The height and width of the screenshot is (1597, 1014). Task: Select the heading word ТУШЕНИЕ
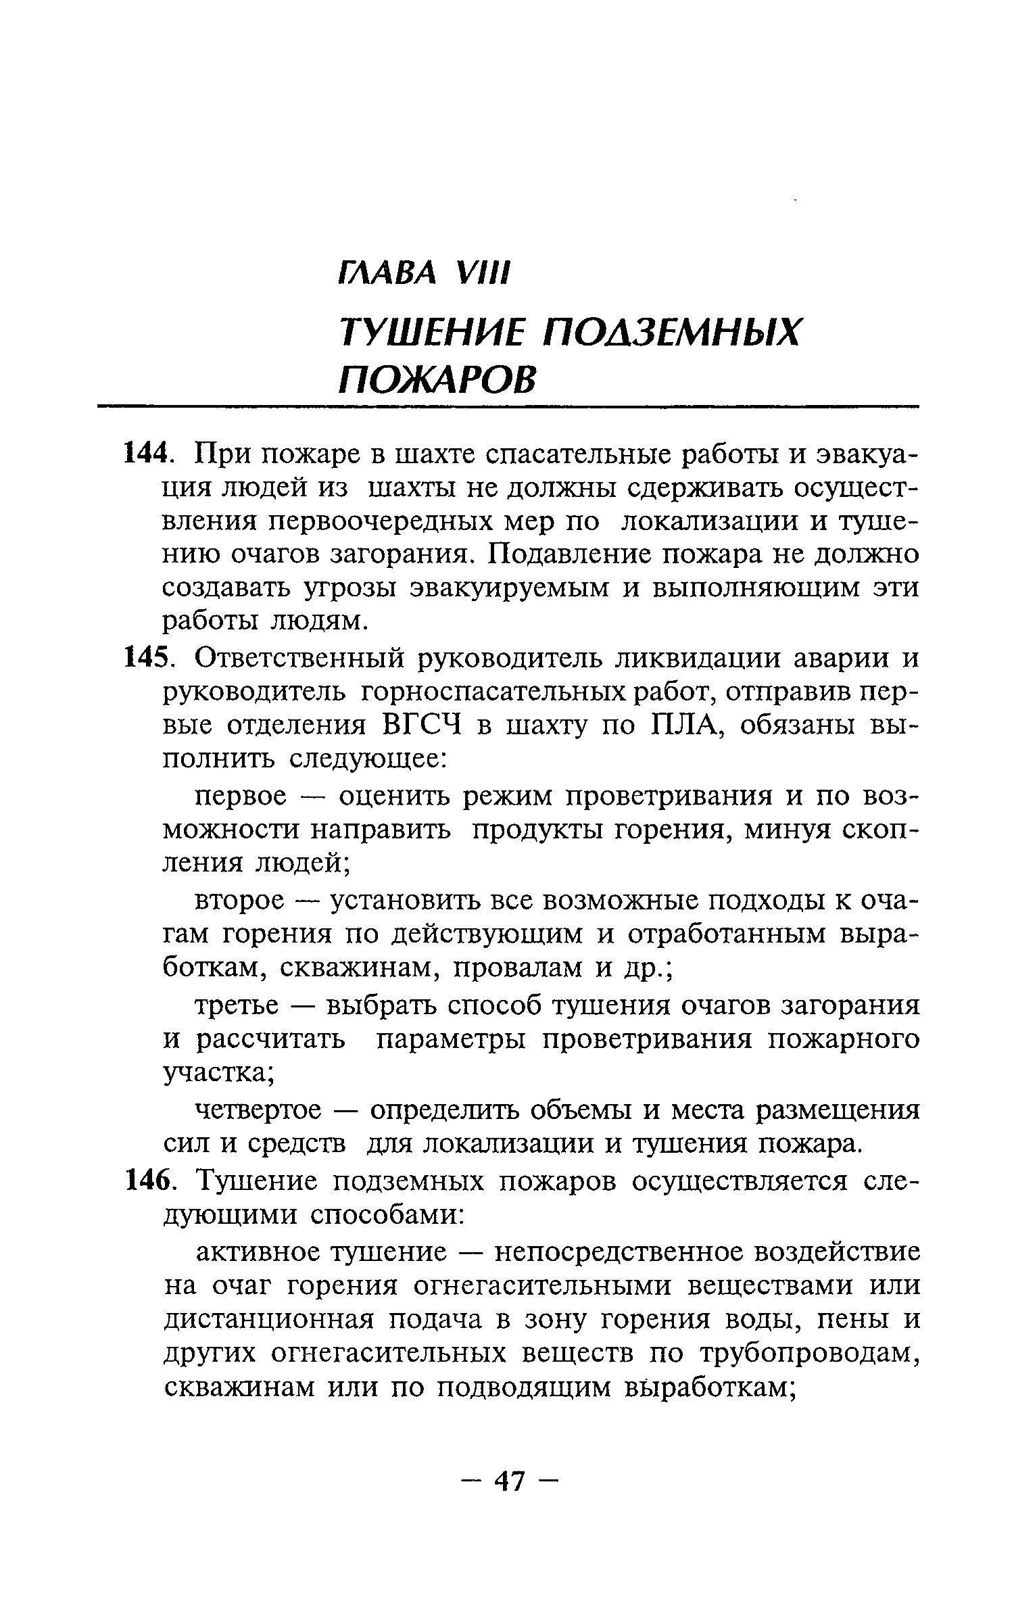(431, 335)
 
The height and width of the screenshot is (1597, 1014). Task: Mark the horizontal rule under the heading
(508, 407)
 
